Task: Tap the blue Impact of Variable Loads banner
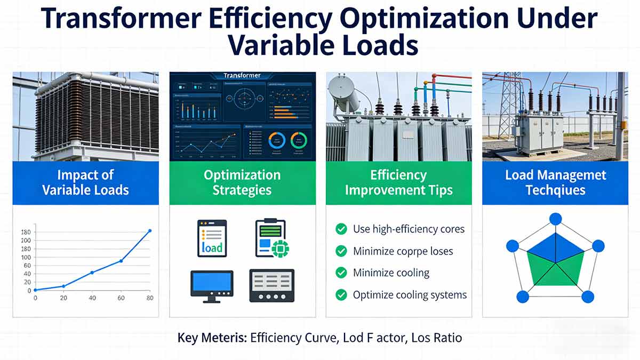point(85,183)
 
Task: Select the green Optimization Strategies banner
point(242,183)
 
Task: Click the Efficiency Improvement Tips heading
point(398,183)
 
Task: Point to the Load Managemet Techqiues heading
point(555,183)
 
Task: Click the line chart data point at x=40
point(92,273)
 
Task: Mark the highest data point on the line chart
point(149,231)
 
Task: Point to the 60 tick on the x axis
point(121,298)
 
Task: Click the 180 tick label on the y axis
point(26,232)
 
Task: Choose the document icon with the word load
point(212,238)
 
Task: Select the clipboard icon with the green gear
point(271,238)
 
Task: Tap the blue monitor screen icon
point(212,285)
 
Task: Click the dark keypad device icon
point(271,285)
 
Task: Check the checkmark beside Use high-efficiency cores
point(341,229)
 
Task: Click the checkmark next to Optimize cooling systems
point(341,294)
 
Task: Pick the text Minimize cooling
point(391,273)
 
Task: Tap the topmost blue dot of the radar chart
point(556,219)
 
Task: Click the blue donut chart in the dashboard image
point(277,141)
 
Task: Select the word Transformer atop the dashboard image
point(243,76)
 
